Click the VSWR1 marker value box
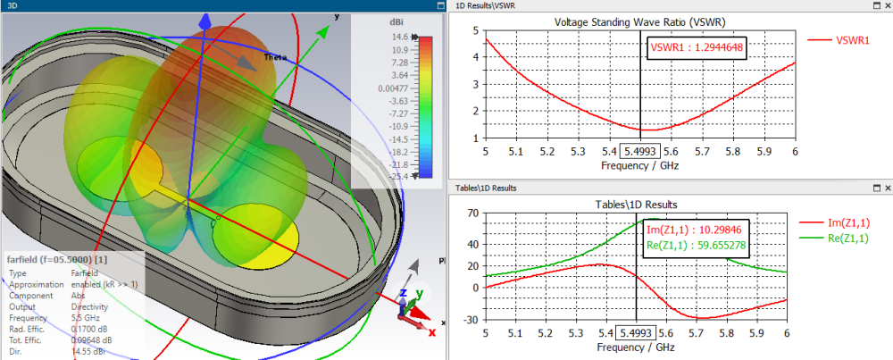coord(697,47)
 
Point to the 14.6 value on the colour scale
coord(398,38)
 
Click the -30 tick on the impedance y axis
coord(472,319)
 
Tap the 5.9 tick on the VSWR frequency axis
coord(755,153)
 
